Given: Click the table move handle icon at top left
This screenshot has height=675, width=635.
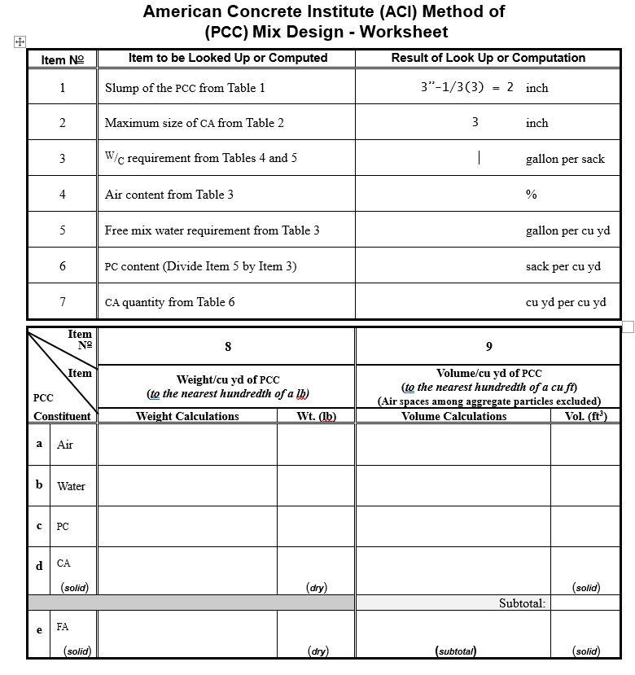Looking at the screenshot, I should pos(20,42).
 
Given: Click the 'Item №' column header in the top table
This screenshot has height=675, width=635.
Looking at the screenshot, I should pos(63,59).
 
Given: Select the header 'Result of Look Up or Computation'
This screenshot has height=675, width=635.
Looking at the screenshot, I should pos(488,58).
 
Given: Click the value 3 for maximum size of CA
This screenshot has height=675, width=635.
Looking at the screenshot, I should pos(475,122).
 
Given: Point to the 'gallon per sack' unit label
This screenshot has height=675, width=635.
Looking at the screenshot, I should pos(564,159).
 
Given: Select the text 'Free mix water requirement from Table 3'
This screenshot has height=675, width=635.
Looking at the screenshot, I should pos(212,230).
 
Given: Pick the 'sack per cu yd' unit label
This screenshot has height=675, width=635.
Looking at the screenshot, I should pos(563,266).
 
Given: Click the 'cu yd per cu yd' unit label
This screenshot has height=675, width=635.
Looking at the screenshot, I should pos(565,302).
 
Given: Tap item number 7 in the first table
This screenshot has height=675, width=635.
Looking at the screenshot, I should pos(63,301).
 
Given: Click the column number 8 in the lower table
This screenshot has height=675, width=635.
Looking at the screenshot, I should pos(228,347).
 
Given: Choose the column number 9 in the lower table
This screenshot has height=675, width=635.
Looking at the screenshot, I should pos(488,347).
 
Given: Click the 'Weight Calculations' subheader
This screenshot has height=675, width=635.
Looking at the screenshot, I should pos(187,416).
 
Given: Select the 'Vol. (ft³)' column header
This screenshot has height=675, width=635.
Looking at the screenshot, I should pos(585,416).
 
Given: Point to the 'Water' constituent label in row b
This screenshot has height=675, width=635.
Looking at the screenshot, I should pos(71,486).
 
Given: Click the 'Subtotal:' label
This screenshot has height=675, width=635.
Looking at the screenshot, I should pos(522,603).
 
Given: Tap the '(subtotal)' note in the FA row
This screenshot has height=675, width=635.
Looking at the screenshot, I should pos(455,651).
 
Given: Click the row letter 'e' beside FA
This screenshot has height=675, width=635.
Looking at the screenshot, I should pos(39,629).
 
